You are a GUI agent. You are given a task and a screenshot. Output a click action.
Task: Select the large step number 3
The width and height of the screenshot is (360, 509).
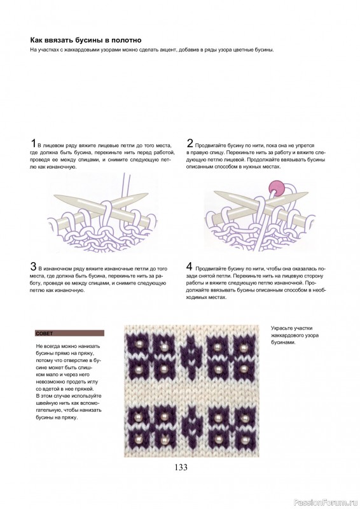tap(33, 266)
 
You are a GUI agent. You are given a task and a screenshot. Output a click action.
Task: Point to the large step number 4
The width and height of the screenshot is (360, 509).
tap(190, 266)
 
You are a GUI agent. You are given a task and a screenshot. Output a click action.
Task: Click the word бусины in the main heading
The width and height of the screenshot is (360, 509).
tap(94, 39)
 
